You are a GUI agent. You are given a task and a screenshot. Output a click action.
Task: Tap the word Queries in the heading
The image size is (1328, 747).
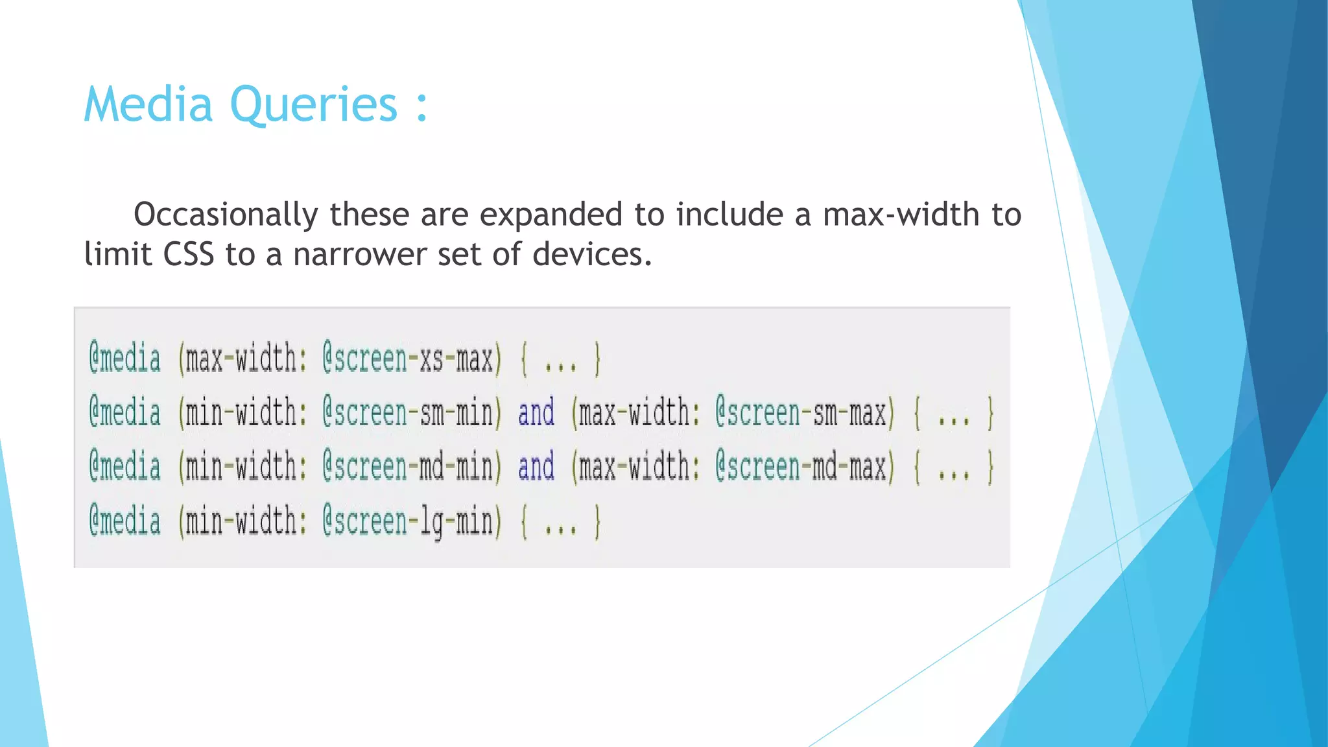(x=313, y=105)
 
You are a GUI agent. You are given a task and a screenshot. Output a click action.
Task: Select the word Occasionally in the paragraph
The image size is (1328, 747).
(x=226, y=215)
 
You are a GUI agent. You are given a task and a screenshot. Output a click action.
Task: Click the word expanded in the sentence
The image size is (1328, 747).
(x=551, y=215)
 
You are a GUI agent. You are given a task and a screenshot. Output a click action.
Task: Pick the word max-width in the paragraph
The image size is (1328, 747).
(x=901, y=215)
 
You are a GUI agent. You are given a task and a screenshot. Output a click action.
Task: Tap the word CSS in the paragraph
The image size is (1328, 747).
(x=188, y=254)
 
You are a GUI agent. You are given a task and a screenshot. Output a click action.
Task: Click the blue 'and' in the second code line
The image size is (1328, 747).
(x=536, y=413)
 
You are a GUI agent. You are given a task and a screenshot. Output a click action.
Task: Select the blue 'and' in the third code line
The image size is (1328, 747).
(x=536, y=467)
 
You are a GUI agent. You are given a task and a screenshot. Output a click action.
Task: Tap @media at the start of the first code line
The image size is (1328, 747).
(x=124, y=359)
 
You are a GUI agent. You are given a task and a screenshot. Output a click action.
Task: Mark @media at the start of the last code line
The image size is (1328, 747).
(x=124, y=521)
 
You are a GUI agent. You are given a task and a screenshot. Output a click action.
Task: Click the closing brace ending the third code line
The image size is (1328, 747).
(x=990, y=467)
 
